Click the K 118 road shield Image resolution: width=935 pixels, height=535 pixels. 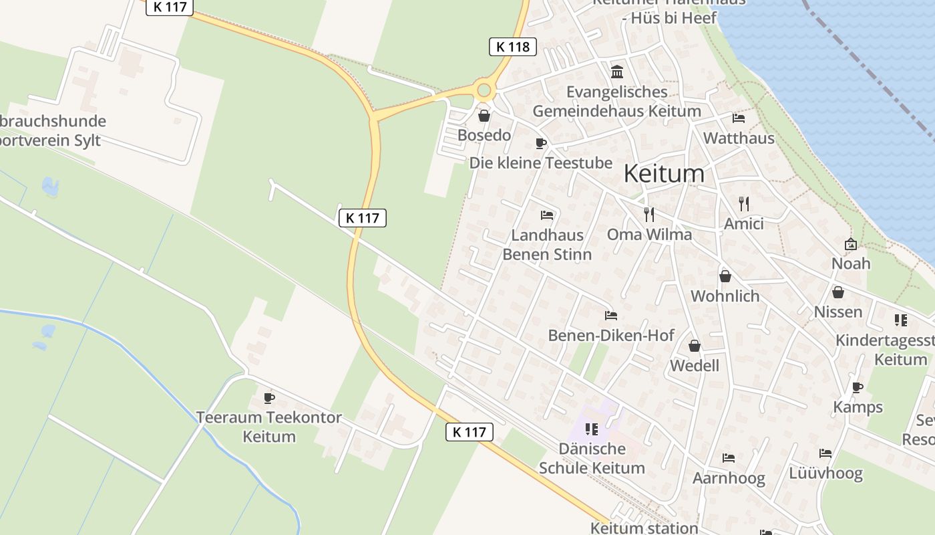pyautogui.click(x=513, y=46)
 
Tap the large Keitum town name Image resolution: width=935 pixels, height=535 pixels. pyautogui.click(x=663, y=174)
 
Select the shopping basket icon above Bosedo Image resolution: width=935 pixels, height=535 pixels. pyautogui.click(x=484, y=116)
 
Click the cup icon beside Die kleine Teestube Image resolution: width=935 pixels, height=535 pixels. pyautogui.click(x=541, y=143)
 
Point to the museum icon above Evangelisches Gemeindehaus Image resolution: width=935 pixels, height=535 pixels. pyautogui.click(x=617, y=72)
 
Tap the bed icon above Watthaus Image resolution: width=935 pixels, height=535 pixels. pyautogui.click(x=739, y=118)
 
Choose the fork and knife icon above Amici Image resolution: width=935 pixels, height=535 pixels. pyautogui.click(x=744, y=203)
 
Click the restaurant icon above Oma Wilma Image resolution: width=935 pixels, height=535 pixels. pyautogui.click(x=648, y=214)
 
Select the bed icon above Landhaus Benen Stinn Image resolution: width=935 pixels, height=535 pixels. pyautogui.click(x=547, y=215)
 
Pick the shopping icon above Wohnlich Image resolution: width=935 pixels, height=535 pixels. pyautogui.click(x=725, y=276)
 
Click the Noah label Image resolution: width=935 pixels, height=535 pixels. pyautogui.click(x=851, y=263)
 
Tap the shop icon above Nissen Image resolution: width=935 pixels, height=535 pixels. pyautogui.click(x=838, y=292)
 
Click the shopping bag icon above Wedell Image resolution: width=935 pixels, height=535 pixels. pyautogui.click(x=695, y=346)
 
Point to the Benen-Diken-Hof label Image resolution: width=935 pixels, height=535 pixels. pyautogui.click(x=611, y=335)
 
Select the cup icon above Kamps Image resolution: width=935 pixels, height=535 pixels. pyautogui.click(x=858, y=387)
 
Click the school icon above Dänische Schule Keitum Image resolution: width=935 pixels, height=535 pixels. pyautogui.click(x=591, y=429)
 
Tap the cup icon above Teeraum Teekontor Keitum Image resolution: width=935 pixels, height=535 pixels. pyautogui.click(x=269, y=398)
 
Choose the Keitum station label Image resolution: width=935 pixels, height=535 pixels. pyautogui.click(x=644, y=528)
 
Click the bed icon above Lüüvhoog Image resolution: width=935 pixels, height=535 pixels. pyautogui.click(x=825, y=453)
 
